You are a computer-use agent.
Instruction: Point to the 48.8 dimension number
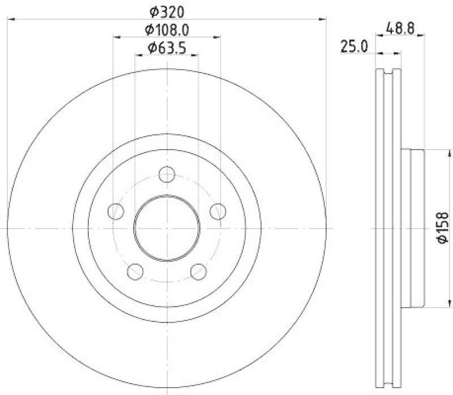click(x=400, y=27)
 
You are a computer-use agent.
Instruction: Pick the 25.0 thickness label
click(x=354, y=46)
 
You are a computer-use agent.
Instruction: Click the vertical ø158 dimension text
click(x=442, y=229)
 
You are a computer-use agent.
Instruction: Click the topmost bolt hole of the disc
click(x=166, y=174)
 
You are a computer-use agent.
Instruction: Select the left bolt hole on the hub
click(x=116, y=211)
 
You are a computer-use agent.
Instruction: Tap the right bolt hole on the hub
click(x=217, y=211)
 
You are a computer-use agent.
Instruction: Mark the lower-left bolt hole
click(x=135, y=271)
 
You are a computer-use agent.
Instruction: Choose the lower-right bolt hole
click(x=198, y=271)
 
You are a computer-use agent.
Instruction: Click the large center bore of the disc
click(x=166, y=227)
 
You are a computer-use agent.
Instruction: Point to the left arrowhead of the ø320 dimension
click(x=10, y=20)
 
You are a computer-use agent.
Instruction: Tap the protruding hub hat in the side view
click(x=413, y=227)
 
